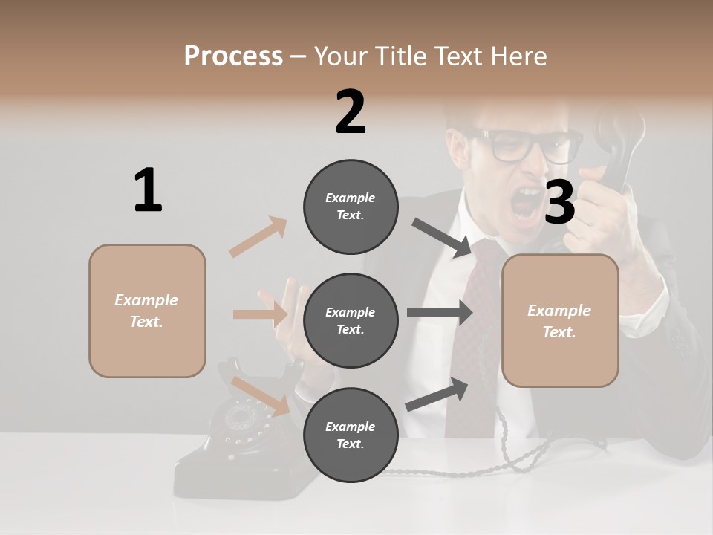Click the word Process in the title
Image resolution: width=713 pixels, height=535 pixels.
pos(233,56)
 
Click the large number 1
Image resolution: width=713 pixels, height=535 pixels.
pos(148,190)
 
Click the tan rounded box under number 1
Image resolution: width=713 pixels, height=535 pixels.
pos(147,311)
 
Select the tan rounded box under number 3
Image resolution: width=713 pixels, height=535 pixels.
pos(560,320)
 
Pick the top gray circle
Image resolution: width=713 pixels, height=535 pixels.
pos(350,207)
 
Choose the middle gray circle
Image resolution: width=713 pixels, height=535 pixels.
pos(350,320)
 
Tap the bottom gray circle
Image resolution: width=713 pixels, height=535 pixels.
pos(350,435)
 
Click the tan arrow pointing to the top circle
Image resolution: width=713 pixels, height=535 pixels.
pos(258,237)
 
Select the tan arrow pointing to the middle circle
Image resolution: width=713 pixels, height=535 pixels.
pos(260,314)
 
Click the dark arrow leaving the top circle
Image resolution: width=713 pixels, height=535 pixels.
pos(443,238)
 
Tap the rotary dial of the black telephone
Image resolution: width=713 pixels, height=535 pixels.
pos(239,417)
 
